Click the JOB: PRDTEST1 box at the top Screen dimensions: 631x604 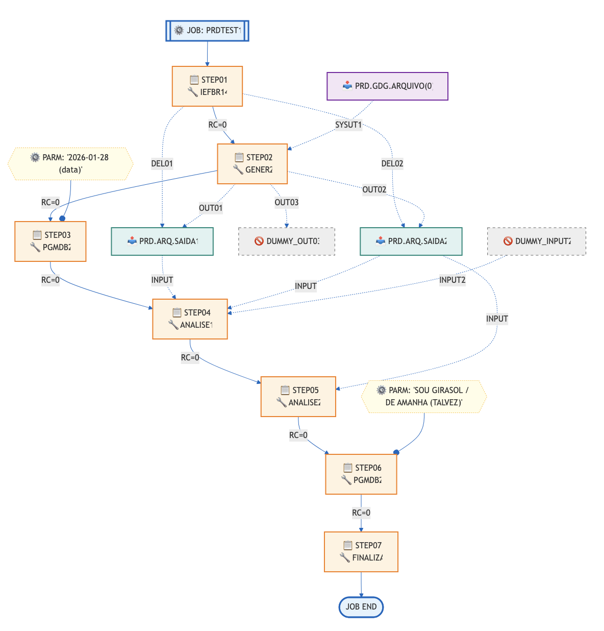click(207, 31)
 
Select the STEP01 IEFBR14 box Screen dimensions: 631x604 click(207, 86)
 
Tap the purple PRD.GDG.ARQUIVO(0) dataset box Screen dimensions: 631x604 click(387, 86)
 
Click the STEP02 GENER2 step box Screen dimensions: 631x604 click(253, 164)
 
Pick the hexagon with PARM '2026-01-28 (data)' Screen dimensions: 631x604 click(70, 164)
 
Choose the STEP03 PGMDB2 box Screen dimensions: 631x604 click(51, 241)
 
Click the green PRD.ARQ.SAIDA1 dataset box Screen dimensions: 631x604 click(162, 241)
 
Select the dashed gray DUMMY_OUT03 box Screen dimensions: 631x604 click(287, 241)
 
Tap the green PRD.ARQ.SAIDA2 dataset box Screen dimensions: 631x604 click(411, 241)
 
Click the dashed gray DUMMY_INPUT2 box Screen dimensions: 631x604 click(537, 241)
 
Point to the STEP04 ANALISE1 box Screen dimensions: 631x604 click(190, 319)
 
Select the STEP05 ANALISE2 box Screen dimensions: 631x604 click(298, 397)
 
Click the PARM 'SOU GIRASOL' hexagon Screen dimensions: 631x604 click(424, 397)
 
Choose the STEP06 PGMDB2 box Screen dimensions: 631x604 click(361, 474)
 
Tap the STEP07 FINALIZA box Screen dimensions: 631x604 click(361, 552)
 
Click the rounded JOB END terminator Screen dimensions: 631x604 click(361, 607)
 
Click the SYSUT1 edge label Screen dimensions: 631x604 click(348, 125)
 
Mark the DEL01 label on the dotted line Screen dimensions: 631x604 click(162, 164)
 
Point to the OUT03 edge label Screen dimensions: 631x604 click(287, 203)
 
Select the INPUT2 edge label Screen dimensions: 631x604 click(452, 280)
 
